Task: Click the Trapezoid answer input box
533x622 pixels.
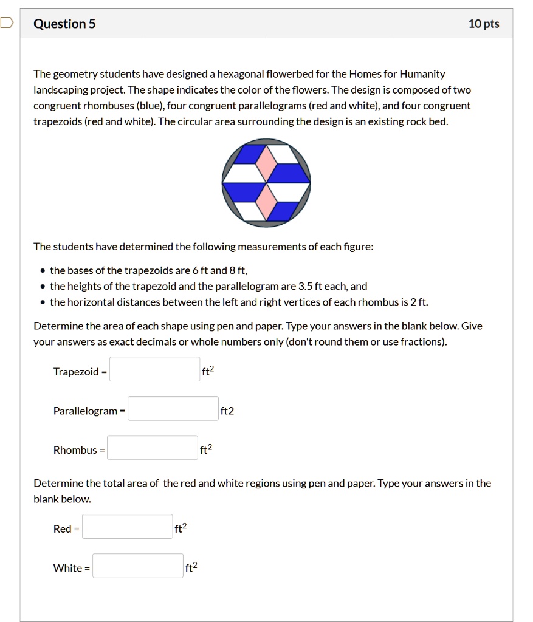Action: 154,369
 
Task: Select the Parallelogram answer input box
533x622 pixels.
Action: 173,409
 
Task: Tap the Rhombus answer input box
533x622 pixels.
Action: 153,448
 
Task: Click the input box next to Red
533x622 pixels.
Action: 127,527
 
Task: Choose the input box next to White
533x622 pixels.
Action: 137,566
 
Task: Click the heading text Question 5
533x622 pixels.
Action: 64,24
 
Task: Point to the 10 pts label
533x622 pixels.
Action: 484,24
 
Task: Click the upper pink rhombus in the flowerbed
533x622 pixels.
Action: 266,162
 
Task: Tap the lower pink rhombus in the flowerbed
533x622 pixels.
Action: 266,202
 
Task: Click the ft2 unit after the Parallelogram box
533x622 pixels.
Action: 227,411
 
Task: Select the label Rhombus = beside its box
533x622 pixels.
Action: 79,450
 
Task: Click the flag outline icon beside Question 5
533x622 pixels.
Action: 6,24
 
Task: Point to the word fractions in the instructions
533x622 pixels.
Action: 425,342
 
